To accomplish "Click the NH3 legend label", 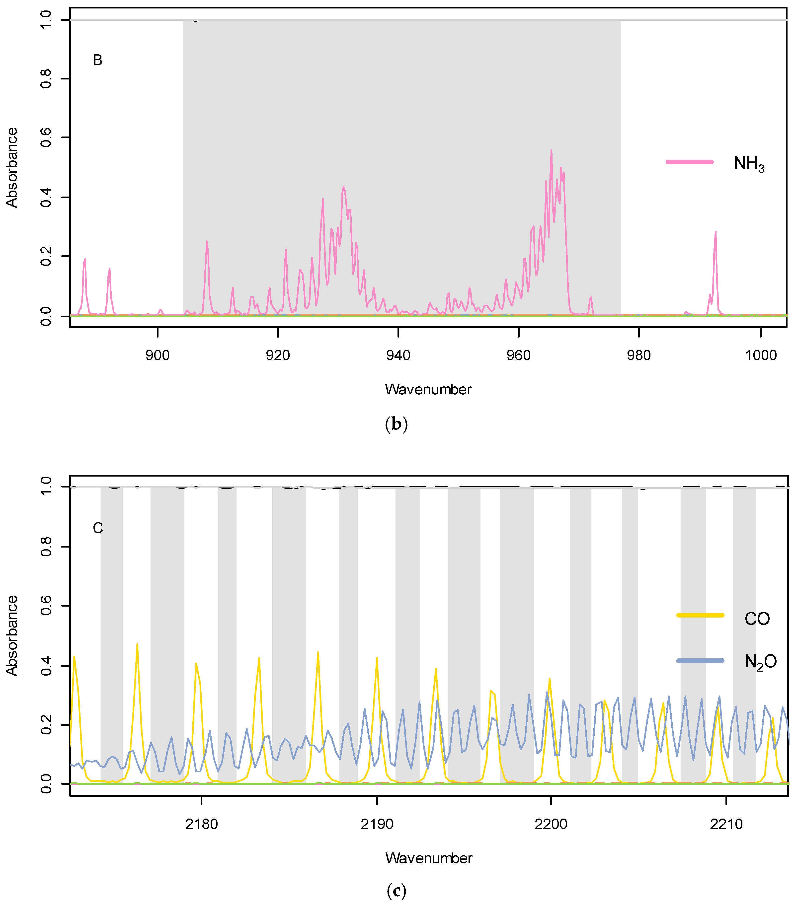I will (x=748, y=164).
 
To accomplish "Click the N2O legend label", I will (x=760, y=661).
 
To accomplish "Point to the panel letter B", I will (x=97, y=60).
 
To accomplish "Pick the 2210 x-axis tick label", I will (x=726, y=824).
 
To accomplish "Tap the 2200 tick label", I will (x=551, y=824).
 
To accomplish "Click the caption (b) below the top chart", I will (x=396, y=424).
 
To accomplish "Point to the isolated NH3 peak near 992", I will (x=715, y=232).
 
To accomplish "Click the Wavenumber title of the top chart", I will (x=428, y=389).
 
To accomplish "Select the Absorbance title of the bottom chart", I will (x=12, y=636).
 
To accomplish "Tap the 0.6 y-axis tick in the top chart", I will (x=46, y=138).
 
